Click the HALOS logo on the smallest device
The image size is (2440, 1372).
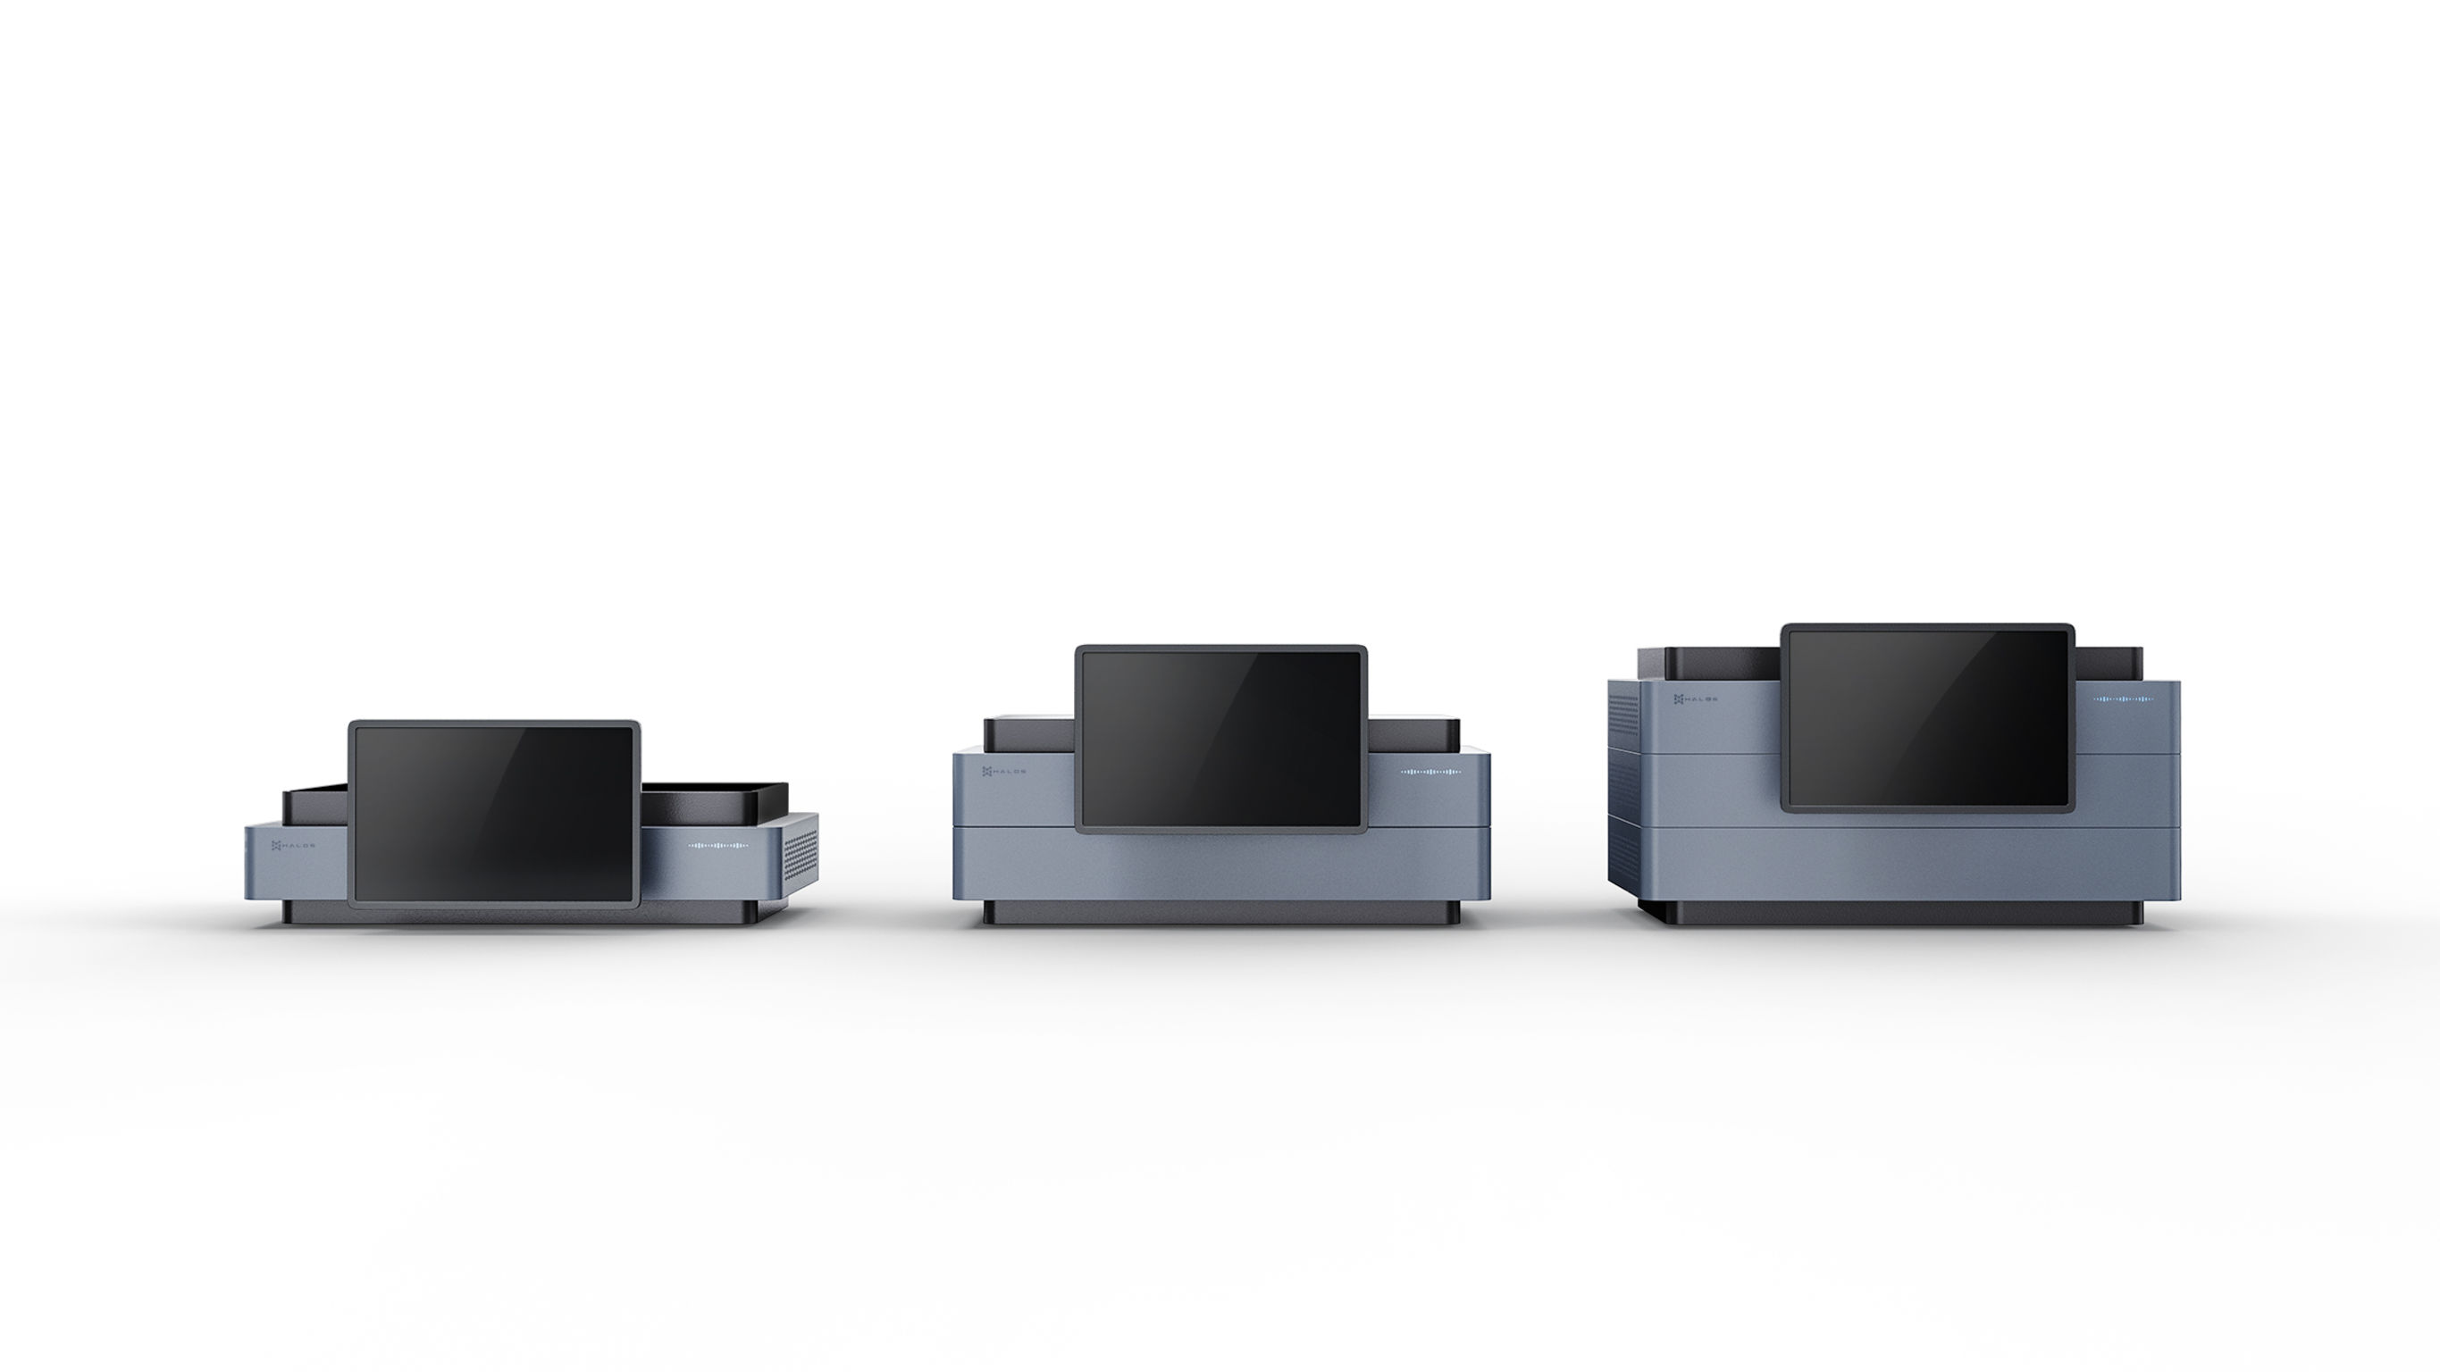tap(293, 845)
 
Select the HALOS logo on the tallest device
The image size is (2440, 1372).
tap(1695, 699)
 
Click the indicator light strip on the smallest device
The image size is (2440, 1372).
tap(717, 845)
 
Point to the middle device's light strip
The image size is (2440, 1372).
tap(1430, 772)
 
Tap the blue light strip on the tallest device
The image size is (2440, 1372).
tap(2123, 699)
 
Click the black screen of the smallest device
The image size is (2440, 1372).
tap(493, 814)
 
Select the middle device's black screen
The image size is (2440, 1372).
tap(1220, 738)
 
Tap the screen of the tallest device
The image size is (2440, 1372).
tap(1926, 715)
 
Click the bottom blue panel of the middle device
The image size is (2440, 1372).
tap(1220, 866)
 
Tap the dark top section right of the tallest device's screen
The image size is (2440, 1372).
tap(2108, 662)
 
